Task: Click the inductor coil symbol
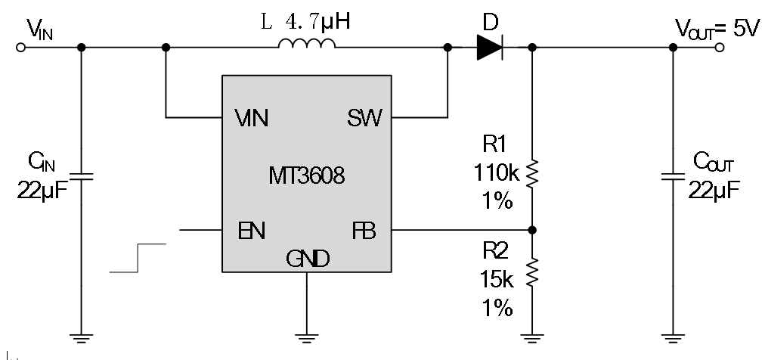(x=306, y=46)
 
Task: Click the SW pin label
(x=365, y=118)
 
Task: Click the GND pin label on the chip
(x=307, y=259)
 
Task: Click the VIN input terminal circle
(x=21, y=47)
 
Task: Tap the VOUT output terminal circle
(x=720, y=47)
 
